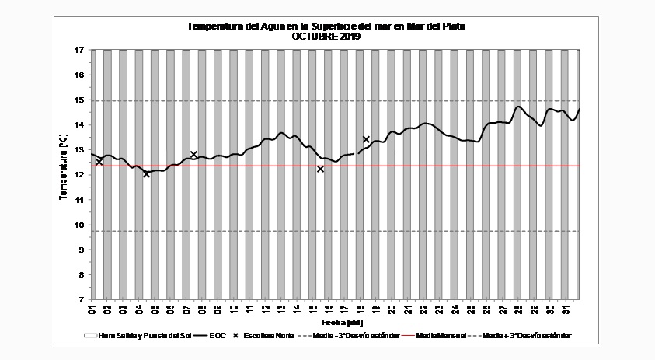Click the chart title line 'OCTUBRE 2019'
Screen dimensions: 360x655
pyautogui.click(x=326, y=36)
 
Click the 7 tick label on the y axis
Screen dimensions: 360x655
pyautogui.click(x=80, y=299)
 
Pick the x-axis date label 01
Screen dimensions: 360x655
pyautogui.click(x=92, y=310)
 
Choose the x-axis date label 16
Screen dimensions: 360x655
pyautogui.click(x=329, y=310)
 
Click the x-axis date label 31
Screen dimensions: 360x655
pyautogui.click(x=566, y=310)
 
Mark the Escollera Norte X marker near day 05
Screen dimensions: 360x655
pyautogui.click(x=146, y=173)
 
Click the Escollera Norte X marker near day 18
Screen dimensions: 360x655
pyautogui.click(x=366, y=139)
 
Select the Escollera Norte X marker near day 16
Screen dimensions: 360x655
pyautogui.click(x=320, y=169)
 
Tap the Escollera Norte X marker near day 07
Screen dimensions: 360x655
pyautogui.click(x=193, y=154)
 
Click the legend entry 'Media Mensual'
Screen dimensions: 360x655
pyautogui.click(x=441, y=336)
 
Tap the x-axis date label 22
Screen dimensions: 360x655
pyautogui.click(x=423, y=310)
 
